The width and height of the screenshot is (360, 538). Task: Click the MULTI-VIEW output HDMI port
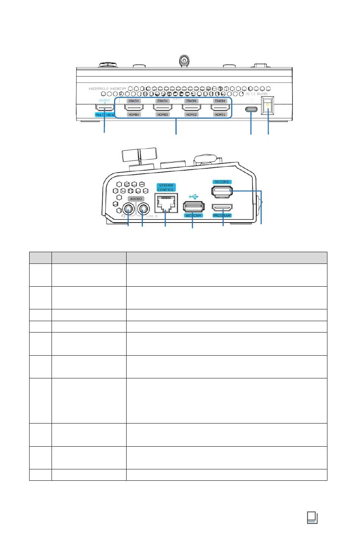point(104,108)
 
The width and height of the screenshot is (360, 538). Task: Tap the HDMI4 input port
point(133,108)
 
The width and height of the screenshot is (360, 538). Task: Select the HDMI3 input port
point(163,108)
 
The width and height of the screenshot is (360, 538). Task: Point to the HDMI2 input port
point(192,108)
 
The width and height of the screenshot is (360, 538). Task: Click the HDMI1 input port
point(221,108)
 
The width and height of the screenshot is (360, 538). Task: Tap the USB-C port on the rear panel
point(251,110)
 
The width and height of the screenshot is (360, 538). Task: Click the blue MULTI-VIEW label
point(105,115)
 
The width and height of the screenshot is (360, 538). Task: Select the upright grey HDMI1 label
point(220,115)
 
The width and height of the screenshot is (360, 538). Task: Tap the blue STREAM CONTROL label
point(166,187)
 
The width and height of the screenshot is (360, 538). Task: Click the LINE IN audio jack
point(143,209)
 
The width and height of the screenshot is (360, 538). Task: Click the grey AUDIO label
point(136,199)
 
